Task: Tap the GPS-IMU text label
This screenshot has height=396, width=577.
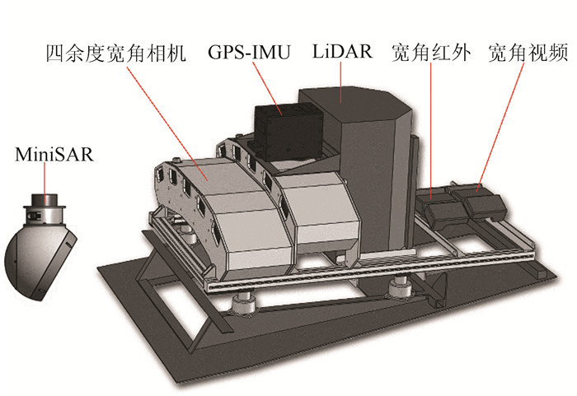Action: pos(249,54)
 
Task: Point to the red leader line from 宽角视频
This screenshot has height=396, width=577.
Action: pos(504,123)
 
